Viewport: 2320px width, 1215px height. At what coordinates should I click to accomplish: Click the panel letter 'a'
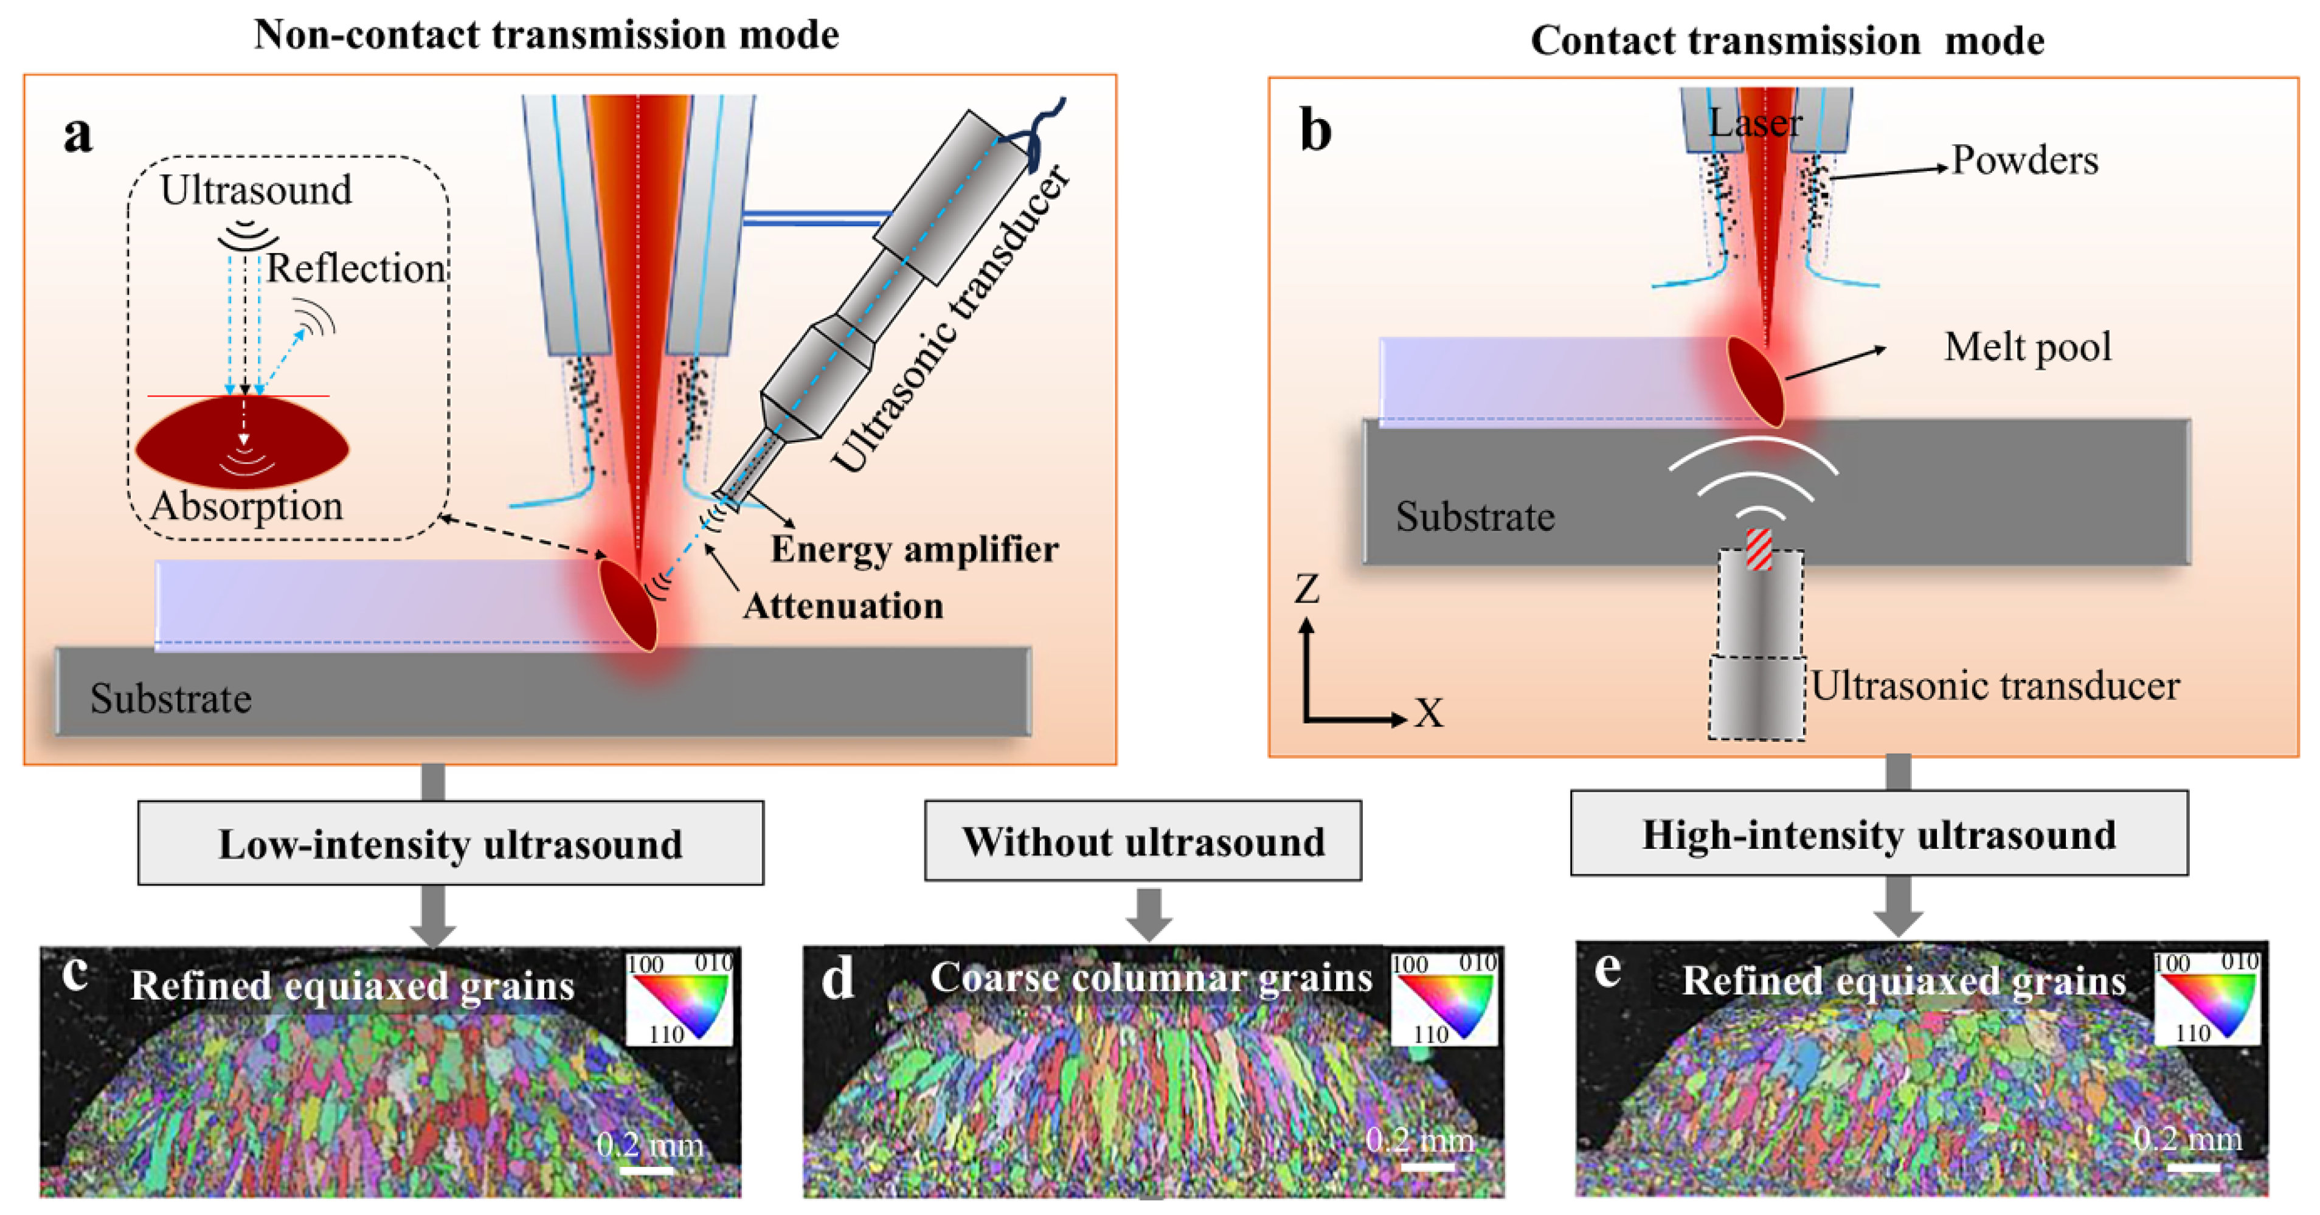tap(78, 135)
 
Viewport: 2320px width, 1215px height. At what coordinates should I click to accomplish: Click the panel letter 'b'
tap(1316, 131)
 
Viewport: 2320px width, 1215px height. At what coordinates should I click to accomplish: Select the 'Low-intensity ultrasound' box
tap(450, 843)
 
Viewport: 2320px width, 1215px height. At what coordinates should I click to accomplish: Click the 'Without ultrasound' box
tap(1143, 840)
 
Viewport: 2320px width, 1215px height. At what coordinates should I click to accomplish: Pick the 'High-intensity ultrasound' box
tap(1879, 833)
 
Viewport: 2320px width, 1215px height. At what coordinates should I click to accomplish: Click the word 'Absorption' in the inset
tap(246, 505)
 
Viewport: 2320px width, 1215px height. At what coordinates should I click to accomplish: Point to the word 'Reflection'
tap(356, 268)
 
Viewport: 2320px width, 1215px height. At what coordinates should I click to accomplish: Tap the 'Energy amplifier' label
tap(914, 549)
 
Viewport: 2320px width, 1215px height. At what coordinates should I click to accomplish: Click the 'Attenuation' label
tap(843, 605)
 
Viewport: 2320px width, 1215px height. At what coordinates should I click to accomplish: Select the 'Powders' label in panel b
tap(2024, 161)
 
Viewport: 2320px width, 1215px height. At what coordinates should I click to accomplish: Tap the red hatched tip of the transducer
tap(1759, 549)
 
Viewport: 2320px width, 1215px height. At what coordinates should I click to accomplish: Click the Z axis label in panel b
tap(1307, 589)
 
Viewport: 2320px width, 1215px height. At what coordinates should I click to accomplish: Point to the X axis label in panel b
tap(1428, 713)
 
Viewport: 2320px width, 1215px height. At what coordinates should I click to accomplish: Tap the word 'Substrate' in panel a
tap(170, 699)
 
